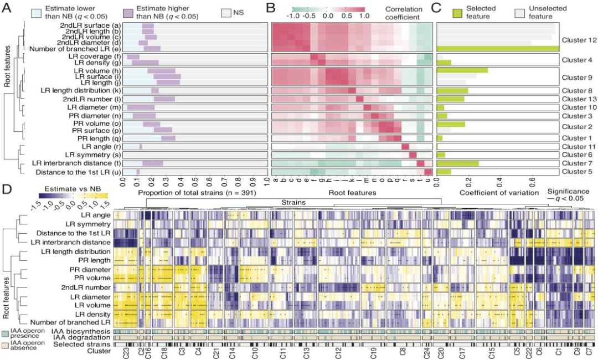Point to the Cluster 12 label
(578, 40)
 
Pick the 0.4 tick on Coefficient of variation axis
(500, 181)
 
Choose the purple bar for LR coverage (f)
(133, 56)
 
